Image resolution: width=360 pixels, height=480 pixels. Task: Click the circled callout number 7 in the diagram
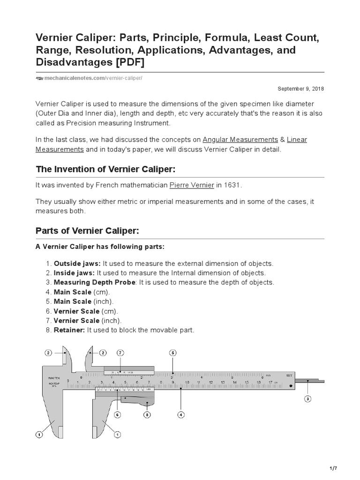(x=120, y=352)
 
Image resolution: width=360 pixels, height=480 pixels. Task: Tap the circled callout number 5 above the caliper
(x=173, y=352)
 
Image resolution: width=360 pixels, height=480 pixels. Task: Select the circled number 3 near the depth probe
(x=307, y=399)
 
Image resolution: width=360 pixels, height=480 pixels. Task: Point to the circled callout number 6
(x=118, y=414)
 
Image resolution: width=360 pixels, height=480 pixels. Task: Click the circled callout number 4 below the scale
(x=181, y=414)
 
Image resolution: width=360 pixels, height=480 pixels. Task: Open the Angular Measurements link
(x=240, y=140)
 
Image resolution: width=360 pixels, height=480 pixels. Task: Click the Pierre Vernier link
(x=191, y=185)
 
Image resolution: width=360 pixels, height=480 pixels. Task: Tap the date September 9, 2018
(x=300, y=88)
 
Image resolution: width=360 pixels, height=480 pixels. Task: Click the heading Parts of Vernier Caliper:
(x=87, y=231)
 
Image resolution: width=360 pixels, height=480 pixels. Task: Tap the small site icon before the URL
(x=39, y=78)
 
